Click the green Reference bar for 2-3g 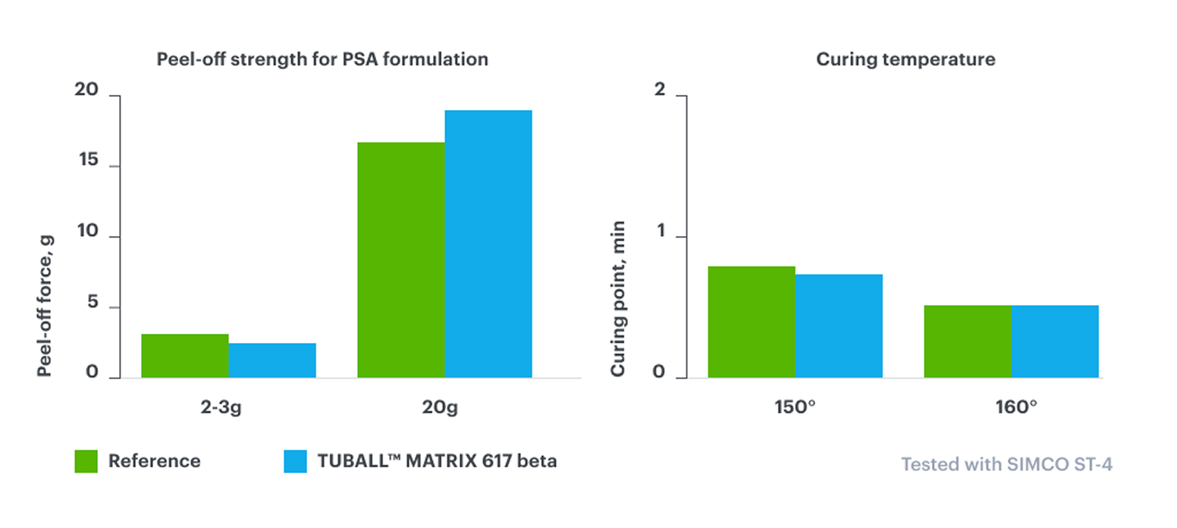(x=184, y=356)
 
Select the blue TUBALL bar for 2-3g (x=272, y=360)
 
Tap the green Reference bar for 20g (x=400, y=259)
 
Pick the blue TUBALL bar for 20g (x=488, y=244)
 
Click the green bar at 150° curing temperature (x=751, y=322)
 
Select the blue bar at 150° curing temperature (x=838, y=325)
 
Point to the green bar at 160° (x=967, y=341)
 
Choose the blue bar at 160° (x=1054, y=341)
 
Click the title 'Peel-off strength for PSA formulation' (x=322, y=59)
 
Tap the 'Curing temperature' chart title (x=906, y=59)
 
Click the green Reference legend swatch (x=86, y=461)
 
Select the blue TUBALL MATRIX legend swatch (x=295, y=461)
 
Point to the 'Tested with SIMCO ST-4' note (x=1006, y=464)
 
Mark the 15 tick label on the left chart (x=87, y=161)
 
